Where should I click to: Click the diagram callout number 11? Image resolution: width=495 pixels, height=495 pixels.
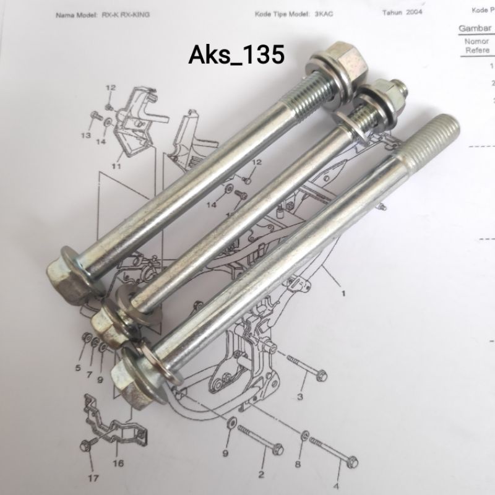click(115, 166)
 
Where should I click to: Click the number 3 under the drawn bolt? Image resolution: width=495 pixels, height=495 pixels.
click(301, 396)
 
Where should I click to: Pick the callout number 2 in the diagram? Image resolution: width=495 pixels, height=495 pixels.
click(260, 475)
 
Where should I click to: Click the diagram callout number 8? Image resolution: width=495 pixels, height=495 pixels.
click(298, 463)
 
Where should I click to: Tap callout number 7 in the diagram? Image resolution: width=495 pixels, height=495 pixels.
click(89, 375)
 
